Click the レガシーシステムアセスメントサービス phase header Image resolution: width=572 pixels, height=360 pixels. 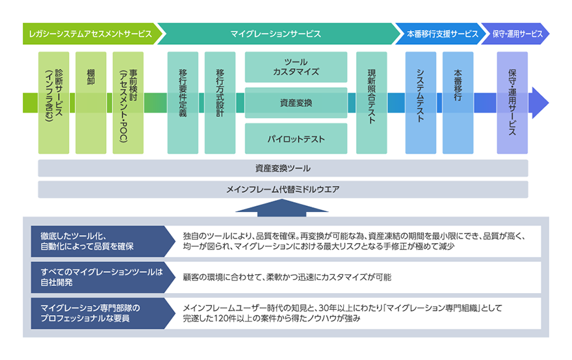[x=90, y=33]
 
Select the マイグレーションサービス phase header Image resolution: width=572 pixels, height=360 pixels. [x=276, y=33]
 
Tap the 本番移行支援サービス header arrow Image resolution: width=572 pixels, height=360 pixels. [x=437, y=33]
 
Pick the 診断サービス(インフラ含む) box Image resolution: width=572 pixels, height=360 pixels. [x=53, y=103]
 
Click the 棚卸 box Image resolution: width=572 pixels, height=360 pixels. [x=90, y=103]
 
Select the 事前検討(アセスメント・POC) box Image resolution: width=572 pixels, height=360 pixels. [x=127, y=103]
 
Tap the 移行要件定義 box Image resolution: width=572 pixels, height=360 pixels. [x=183, y=103]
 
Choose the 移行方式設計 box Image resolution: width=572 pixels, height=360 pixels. [x=220, y=103]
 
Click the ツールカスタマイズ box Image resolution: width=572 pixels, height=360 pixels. [x=296, y=66]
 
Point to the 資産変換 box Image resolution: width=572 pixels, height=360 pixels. [x=296, y=103]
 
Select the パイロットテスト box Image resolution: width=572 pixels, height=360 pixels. [x=296, y=138]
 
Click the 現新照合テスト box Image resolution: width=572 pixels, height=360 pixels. [x=372, y=103]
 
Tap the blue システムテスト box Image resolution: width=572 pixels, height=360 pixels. [x=421, y=103]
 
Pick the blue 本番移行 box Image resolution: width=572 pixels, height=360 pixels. [x=458, y=103]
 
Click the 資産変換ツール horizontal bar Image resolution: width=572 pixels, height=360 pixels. [x=283, y=169]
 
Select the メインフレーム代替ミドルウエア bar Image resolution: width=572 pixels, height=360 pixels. [x=283, y=190]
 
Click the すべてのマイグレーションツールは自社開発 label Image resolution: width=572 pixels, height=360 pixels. [x=101, y=277]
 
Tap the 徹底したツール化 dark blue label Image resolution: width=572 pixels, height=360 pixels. [x=101, y=241]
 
